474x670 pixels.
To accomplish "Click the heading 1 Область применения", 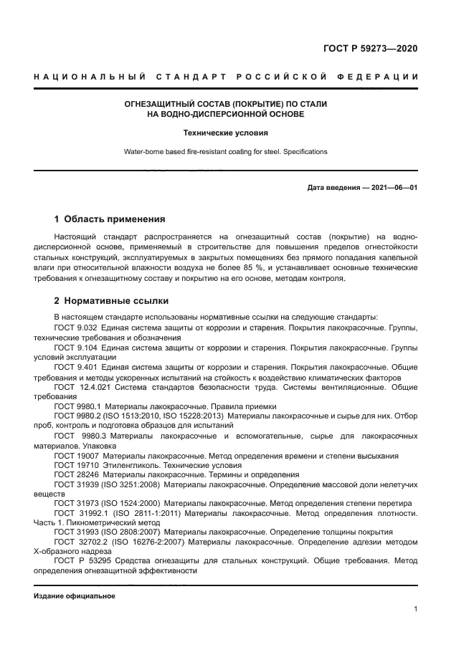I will pos(110,219).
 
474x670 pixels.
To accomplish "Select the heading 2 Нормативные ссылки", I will pos(111,301).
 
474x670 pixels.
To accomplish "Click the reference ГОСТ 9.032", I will pos(76,327).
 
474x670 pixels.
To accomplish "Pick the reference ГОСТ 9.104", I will pos(76,347).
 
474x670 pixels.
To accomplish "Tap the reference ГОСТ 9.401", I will pos(76,367).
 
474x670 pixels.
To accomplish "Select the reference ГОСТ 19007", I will pos(76,455).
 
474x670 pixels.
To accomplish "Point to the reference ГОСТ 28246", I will pos(76,474).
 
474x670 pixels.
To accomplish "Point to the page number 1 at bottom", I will pos(416,608).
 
